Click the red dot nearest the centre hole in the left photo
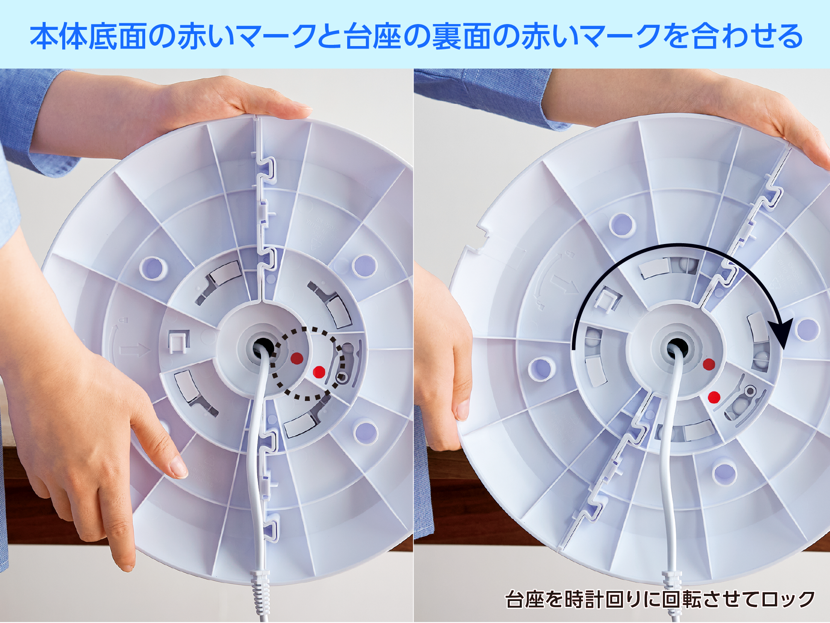pos(297,358)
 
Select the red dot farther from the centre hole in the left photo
pos(319,372)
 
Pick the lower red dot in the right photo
pos(714,397)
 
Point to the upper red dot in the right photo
pos(709,364)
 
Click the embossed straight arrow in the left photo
pos(135,350)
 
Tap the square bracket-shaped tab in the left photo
pos(179,341)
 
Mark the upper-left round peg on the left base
pos(153,268)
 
